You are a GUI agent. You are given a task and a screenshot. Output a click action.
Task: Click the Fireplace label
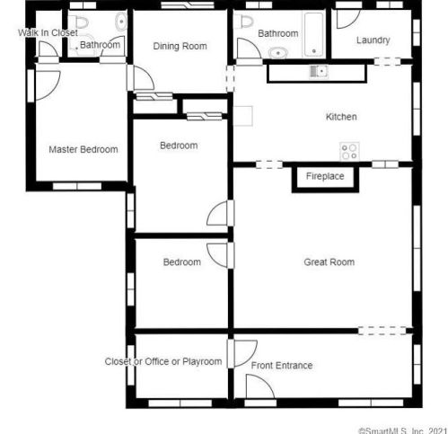coord(325,176)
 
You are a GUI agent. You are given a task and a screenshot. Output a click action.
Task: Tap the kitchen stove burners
coord(349,151)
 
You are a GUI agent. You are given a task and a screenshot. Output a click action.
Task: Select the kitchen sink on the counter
coord(319,72)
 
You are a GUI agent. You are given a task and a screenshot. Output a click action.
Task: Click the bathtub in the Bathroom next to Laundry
coord(313,34)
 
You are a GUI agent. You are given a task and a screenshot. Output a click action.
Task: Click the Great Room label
coord(329,262)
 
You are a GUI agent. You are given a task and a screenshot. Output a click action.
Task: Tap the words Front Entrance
coord(282,366)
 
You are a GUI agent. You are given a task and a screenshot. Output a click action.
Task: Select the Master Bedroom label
coord(83,149)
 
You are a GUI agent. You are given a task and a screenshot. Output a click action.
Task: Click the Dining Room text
coord(180,46)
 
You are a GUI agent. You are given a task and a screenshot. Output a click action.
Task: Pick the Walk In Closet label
coord(48,32)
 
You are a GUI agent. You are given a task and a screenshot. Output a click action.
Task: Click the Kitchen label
coord(341,117)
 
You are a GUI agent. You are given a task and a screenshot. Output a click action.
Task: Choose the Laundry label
coord(373,40)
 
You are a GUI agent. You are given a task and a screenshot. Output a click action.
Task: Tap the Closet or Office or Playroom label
coord(163,361)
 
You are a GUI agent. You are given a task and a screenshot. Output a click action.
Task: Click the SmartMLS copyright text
coord(403,430)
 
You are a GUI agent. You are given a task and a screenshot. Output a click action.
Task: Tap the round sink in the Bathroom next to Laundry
coord(278,53)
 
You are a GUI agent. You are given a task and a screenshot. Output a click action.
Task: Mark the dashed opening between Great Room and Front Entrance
coord(382,331)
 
